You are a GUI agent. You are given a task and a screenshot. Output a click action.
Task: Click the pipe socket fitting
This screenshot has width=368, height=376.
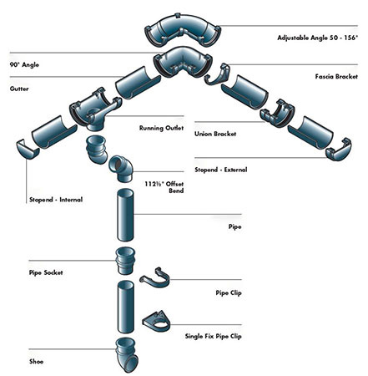tap(122, 262)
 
